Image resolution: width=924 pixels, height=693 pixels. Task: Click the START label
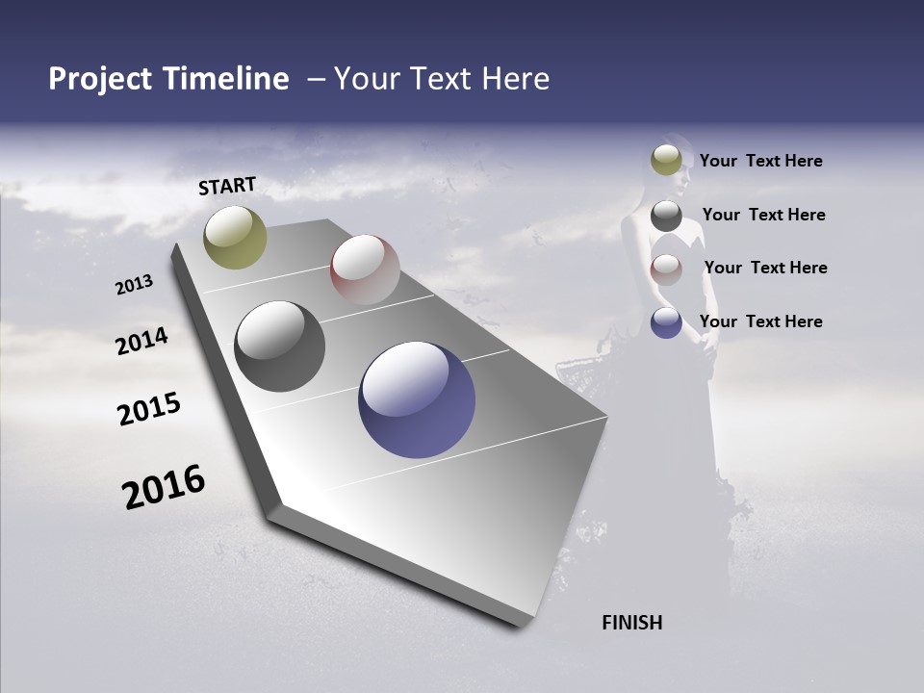point(227,186)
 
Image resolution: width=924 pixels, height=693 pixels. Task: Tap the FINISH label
point(631,623)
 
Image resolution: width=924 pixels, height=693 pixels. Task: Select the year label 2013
point(134,285)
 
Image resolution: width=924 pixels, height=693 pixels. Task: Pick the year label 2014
point(141,342)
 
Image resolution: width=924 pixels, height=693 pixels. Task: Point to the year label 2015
point(149,409)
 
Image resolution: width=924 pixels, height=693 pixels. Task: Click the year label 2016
point(164,487)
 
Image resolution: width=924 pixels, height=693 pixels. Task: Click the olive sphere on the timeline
point(235,238)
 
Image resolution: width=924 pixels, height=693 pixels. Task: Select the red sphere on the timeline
point(365,269)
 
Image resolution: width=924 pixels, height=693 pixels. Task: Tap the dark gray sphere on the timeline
point(279,346)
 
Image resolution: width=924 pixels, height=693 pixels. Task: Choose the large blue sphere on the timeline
point(417,399)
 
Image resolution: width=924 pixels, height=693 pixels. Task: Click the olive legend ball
point(666,160)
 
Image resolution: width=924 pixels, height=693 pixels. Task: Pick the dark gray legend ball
point(666,215)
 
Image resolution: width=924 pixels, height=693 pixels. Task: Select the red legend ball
point(666,269)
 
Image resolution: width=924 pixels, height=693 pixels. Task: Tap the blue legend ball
point(666,322)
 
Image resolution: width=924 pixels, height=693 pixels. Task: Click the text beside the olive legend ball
point(760,161)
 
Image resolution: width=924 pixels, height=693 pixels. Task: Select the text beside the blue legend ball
point(760,321)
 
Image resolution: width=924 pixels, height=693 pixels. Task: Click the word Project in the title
point(101,79)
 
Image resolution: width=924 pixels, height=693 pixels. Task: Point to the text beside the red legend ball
point(765,268)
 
